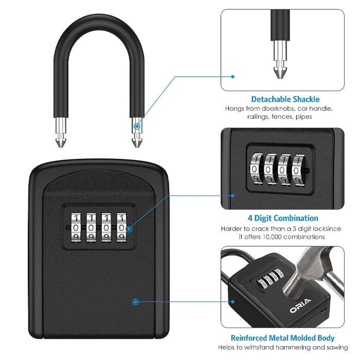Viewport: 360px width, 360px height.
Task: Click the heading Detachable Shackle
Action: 285,99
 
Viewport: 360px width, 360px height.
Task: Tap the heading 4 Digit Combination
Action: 283,218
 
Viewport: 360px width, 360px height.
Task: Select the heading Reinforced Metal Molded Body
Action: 282,338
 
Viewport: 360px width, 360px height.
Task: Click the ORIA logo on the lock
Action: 300,305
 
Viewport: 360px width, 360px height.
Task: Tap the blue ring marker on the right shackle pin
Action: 137,126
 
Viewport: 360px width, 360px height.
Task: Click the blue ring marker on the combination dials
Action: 129,229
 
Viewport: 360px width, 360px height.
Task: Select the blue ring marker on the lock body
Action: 135,302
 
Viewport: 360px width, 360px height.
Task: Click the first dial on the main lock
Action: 76,227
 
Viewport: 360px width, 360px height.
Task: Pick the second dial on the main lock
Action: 91,227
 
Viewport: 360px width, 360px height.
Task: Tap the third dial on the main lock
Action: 106,227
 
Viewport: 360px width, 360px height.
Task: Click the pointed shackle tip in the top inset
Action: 280,73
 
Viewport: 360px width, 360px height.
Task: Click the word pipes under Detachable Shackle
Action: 304,117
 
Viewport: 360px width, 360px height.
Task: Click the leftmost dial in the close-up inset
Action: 255,169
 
